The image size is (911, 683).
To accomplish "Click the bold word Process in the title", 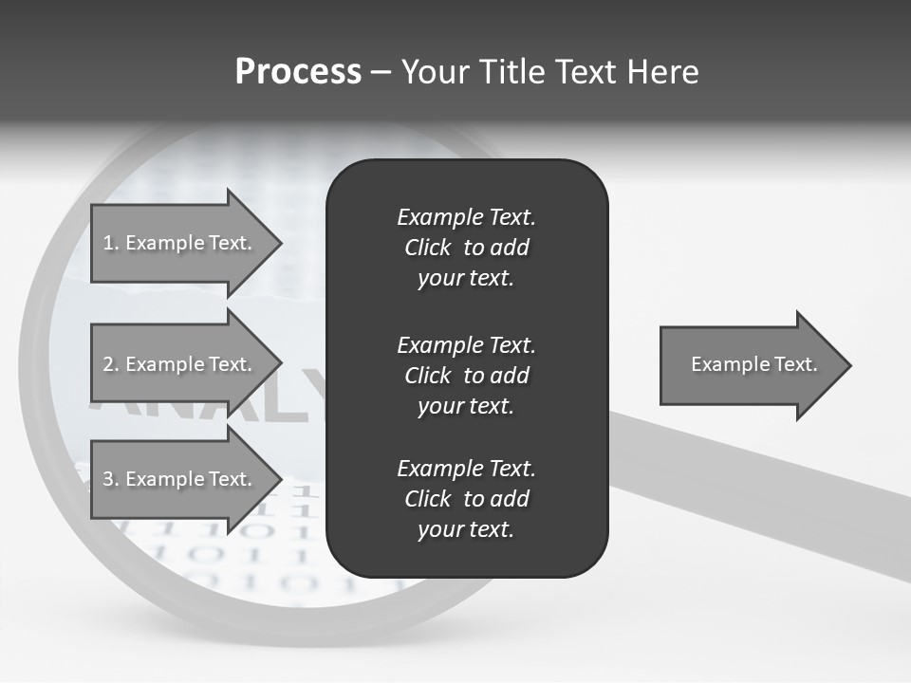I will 298,72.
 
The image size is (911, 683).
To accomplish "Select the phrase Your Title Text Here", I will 549,72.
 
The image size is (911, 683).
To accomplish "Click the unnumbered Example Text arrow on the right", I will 753,364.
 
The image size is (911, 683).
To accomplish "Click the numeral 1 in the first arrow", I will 107,243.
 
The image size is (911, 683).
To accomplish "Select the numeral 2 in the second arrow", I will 107,364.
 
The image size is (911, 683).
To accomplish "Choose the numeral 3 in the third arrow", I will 107,479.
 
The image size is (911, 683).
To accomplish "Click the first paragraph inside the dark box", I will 466,248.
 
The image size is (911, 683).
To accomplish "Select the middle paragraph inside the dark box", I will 466,376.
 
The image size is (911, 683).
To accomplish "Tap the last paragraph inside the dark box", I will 466,499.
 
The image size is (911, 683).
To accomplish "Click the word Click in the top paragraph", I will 427,248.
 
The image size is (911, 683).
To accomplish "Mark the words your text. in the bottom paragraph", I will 466,529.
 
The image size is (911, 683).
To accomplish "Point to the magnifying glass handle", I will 759,484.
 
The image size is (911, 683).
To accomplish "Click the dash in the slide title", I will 381,72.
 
